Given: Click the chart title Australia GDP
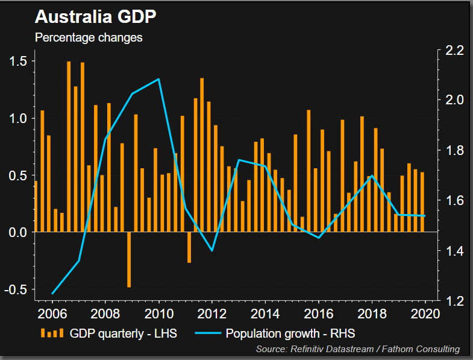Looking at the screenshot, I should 96,16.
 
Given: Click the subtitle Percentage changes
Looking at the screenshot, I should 89,37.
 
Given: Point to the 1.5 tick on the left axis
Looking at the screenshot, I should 18,61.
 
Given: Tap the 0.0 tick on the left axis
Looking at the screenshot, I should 18,232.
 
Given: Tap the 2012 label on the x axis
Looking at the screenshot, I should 212,314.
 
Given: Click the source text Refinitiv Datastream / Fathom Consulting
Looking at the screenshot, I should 358,349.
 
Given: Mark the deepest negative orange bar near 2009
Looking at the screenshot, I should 129,260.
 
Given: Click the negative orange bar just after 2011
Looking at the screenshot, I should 189,247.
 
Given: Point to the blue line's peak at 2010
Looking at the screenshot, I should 158,79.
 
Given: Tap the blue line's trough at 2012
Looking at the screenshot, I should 212,250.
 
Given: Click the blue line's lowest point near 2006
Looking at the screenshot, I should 52,294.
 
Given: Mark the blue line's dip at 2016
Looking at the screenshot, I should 319,238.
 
